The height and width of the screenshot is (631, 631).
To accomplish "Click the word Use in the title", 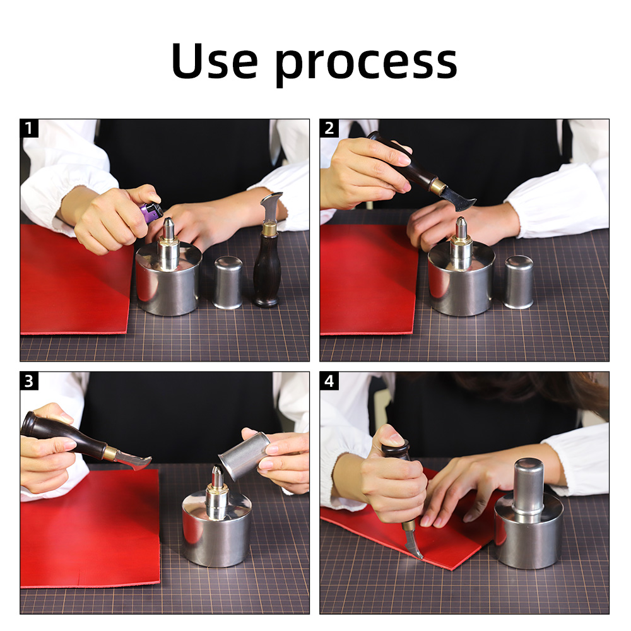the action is (214, 61).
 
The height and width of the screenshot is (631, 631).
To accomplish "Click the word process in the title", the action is (367, 65).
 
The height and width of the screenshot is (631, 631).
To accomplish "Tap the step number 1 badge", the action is (29, 128).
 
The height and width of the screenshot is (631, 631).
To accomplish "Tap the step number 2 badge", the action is (329, 128).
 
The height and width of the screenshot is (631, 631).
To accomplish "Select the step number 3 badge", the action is (29, 380).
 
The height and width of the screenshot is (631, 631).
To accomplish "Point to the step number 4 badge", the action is (329, 380).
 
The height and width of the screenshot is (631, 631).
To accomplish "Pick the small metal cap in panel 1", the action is (228, 283).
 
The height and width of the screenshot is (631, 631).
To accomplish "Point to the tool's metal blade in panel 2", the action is (457, 199).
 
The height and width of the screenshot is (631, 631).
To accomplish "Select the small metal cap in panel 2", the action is (519, 282).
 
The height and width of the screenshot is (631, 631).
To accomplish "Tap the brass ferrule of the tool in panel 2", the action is (439, 186).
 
